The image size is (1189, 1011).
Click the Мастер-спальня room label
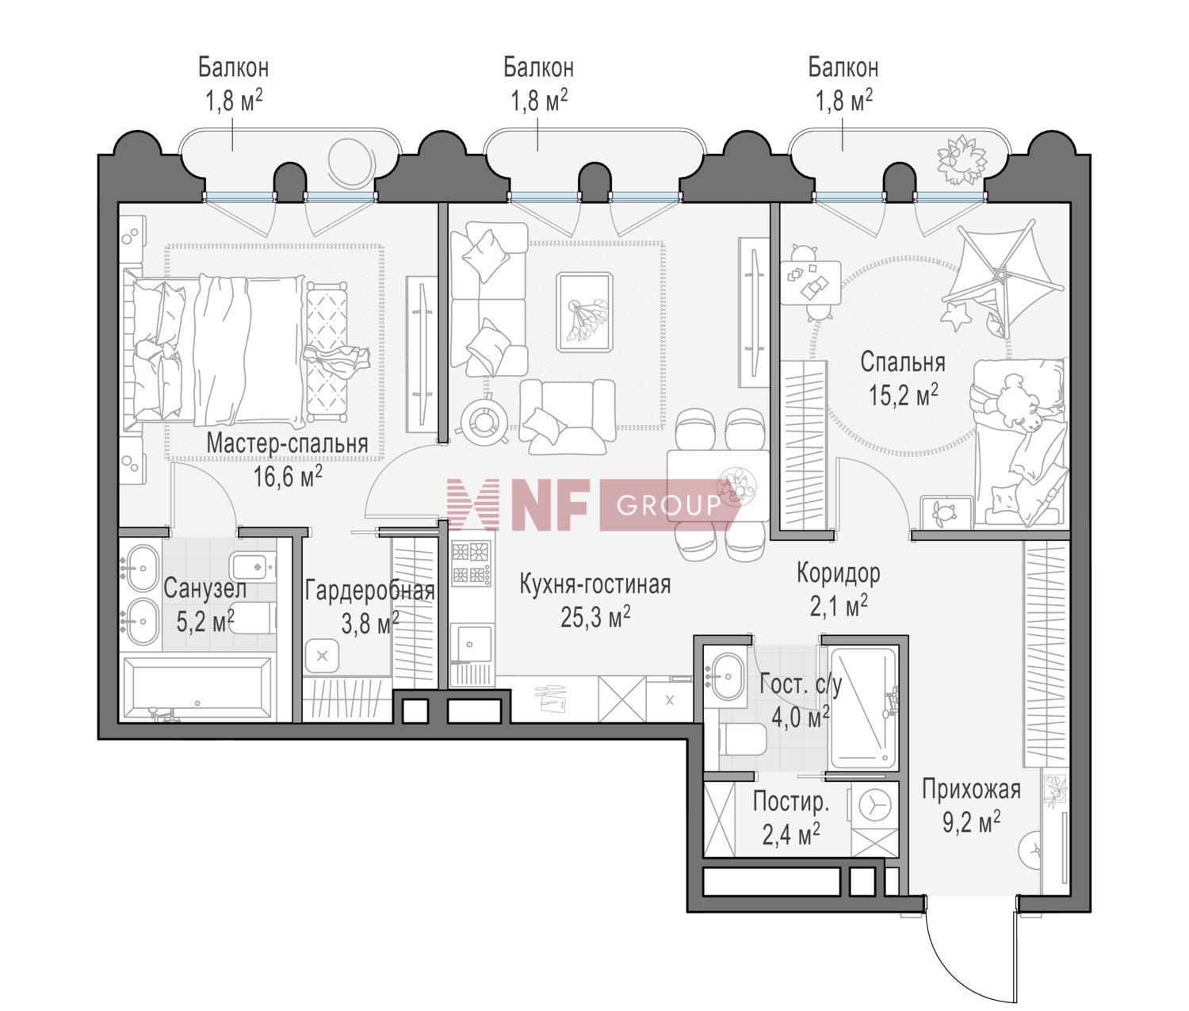287,443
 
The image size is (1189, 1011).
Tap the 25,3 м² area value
594,617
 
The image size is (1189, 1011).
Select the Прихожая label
971,790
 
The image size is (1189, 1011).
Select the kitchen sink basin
474,644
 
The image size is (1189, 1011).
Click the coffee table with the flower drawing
584,312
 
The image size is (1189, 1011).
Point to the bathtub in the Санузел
197,688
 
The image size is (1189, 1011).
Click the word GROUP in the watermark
668,505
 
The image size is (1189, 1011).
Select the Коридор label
838,573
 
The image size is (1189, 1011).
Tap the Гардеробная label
369,591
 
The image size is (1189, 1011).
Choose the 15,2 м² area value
903,396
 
